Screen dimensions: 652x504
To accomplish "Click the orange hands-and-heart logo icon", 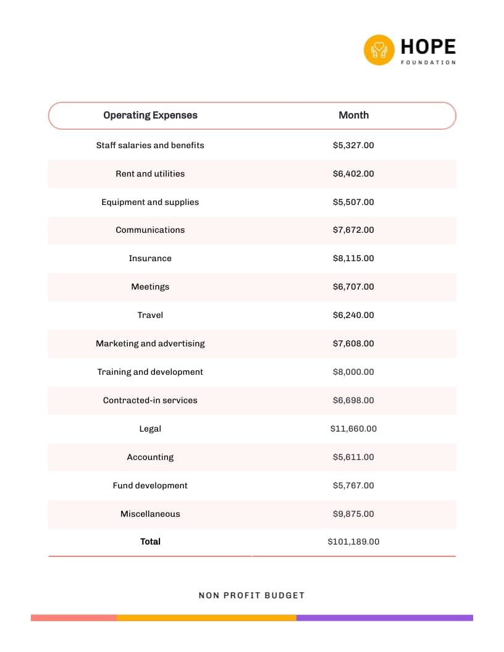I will tap(379, 50).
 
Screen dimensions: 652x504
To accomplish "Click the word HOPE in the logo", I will tap(428, 47).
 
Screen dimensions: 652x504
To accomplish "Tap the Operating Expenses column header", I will tap(150, 115).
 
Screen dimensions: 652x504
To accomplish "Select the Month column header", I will tap(353, 115).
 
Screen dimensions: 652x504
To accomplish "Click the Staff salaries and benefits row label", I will tap(150, 146).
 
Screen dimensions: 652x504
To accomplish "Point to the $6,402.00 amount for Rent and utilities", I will tap(353, 174).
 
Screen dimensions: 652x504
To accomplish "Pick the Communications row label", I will tap(150, 230).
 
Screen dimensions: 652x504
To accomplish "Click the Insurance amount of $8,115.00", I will tap(353, 259).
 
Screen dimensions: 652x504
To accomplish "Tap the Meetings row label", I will tap(150, 287).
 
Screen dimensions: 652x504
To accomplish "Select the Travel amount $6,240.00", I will tap(353, 316).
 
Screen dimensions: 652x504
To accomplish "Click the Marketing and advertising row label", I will tap(150, 344).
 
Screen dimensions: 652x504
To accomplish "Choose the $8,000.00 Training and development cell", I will tap(353, 372).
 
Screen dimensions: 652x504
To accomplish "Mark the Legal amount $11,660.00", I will tap(353, 429).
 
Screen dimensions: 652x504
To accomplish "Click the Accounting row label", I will tap(150, 458).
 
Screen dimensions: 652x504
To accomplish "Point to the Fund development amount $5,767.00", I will tap(353, 486).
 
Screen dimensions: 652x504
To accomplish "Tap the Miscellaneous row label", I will tap(150, 514).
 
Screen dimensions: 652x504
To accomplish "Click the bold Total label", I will tap(150, 542).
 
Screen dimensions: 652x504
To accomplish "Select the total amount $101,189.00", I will tap(353, 542).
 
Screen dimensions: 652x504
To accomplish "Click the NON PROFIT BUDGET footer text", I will tap(251, 596).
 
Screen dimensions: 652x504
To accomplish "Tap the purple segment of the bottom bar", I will tap(384, 617).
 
